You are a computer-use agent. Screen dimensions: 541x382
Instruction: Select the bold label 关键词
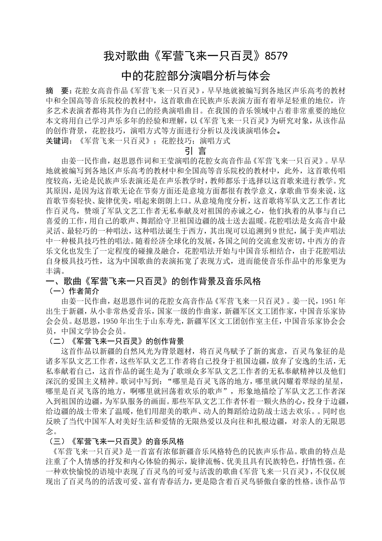click(x=59, y=141)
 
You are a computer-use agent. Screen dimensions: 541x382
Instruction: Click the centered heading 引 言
click(x=195, y=151)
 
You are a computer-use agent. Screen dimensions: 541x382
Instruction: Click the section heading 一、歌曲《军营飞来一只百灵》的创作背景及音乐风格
click(x=154, y=282)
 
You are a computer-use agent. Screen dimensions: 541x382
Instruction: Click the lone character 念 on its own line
click(x=50, y=432)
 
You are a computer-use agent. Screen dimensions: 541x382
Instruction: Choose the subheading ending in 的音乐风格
click(x=116, y=442)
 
